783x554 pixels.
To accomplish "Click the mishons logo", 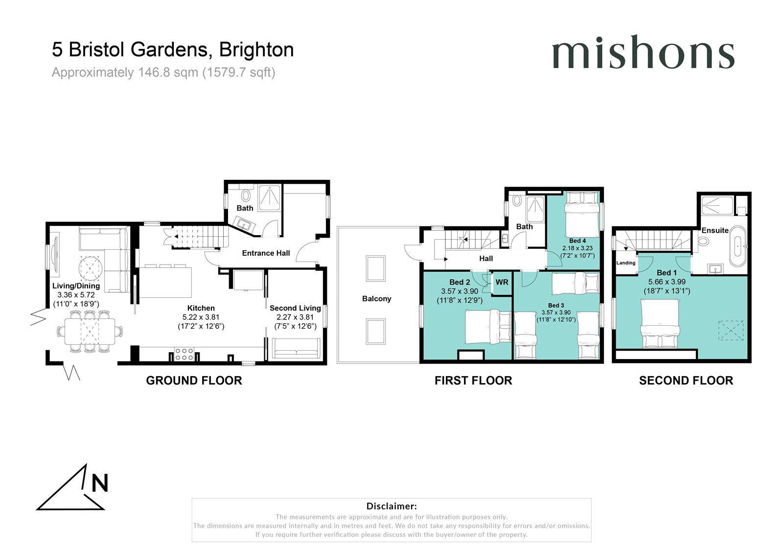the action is click(x=643, y=52).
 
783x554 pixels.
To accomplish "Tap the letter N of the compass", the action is click(x=100, y=483).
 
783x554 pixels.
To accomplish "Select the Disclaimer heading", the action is click(x=391, y=506).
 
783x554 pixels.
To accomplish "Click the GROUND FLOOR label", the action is click(x=194, y=381).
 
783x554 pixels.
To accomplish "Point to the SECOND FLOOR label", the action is click(x=686, y=381).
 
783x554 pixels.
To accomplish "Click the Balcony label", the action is click(x=376, y=298).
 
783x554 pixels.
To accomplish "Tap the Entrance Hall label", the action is click(x=266, y=253).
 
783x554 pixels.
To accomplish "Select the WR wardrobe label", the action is click(x=502, y=282).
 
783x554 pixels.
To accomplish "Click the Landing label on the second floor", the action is click(x=626, y=263).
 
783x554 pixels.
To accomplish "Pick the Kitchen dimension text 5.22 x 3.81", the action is click(x=201, y=317).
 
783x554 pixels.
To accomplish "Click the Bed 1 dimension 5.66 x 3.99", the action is click(x=667, y=282).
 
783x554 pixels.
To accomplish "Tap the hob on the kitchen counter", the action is click(x=184, y=354).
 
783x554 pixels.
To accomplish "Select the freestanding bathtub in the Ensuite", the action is click(x=737, y=246).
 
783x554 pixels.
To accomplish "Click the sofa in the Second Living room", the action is click(x=296, y=348).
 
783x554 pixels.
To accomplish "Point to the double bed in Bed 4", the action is click(x=581, y=215).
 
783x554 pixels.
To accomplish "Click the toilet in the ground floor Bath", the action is click(x=246, y=195).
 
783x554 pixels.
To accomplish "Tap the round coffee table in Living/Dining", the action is click(x=91, y=268).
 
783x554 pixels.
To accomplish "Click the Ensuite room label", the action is click(x=715, y=230).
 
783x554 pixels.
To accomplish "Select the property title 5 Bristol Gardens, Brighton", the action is click(x=173, y=49).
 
